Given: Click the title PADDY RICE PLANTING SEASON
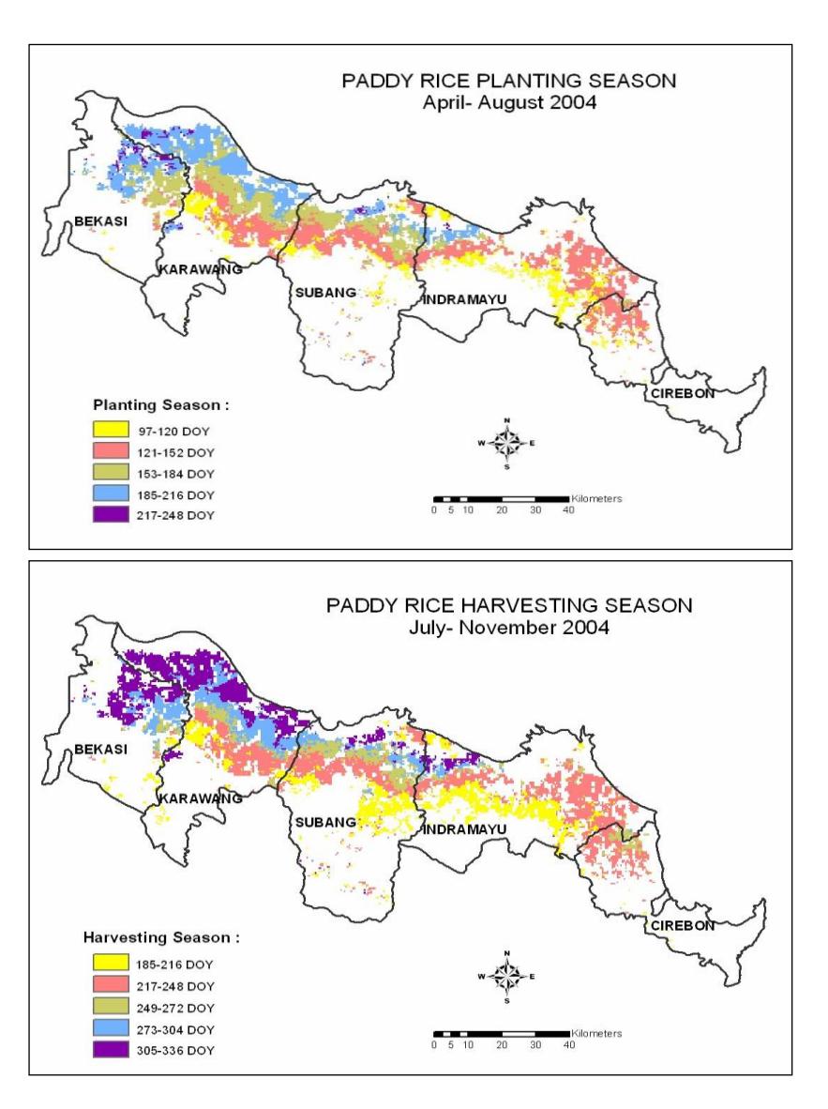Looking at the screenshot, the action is [508, 81].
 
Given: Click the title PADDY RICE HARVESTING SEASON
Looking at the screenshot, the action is [509, 605].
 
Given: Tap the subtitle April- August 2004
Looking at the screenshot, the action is [509, 102].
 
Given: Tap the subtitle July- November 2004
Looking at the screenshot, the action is [509, 628].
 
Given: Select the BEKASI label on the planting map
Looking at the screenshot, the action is [101, 221].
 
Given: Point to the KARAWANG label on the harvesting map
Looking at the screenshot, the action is [200, 798].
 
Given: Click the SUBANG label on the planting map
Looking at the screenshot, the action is [326, 292].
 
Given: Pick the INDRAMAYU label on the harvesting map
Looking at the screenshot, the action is [464, 828].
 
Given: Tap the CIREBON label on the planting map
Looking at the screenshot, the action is [683, 393].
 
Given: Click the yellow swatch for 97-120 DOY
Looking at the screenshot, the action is [111, 430].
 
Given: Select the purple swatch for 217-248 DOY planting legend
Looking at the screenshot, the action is [111, 514].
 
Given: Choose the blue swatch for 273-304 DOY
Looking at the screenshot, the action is [111, 1028].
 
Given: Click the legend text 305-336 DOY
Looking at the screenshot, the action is [174, 1050].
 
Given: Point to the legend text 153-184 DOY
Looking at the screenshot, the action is [175, 474].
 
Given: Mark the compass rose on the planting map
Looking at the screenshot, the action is [507, 444].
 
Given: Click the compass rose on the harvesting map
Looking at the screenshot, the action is [507, 977].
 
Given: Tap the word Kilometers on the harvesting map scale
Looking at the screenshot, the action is [596, 1033].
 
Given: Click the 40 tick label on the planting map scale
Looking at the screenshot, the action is [568, 510].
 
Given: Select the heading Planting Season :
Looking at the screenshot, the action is [161, 405].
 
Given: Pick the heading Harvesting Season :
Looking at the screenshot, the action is [161, 938].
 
